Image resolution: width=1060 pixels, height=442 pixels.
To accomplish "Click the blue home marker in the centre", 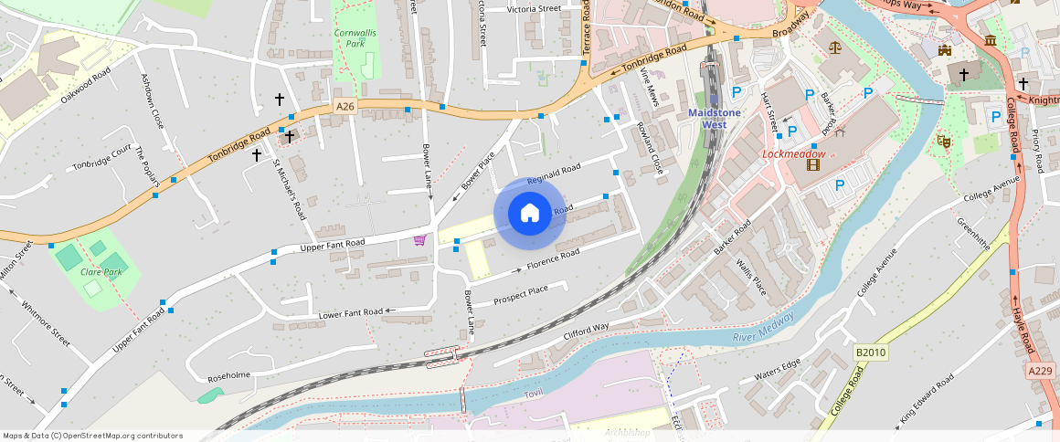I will pos(529,214).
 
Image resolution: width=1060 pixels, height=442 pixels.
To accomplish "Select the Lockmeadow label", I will pos(793,154).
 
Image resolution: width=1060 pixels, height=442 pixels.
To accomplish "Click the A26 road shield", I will pos(344,107).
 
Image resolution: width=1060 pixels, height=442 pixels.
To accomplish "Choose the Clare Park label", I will pos(101,272).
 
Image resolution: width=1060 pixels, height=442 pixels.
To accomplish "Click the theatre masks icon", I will pos(943,142).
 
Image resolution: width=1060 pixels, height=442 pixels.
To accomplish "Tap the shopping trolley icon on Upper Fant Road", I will pos(419,240).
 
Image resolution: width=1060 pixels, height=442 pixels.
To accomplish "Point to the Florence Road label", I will pos(553,259).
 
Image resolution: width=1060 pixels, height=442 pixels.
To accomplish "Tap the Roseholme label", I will pos(229,376).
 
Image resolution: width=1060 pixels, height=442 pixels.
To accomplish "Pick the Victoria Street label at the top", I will pos(534,9).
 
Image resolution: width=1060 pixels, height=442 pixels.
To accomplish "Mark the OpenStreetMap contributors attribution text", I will pos(92,436).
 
